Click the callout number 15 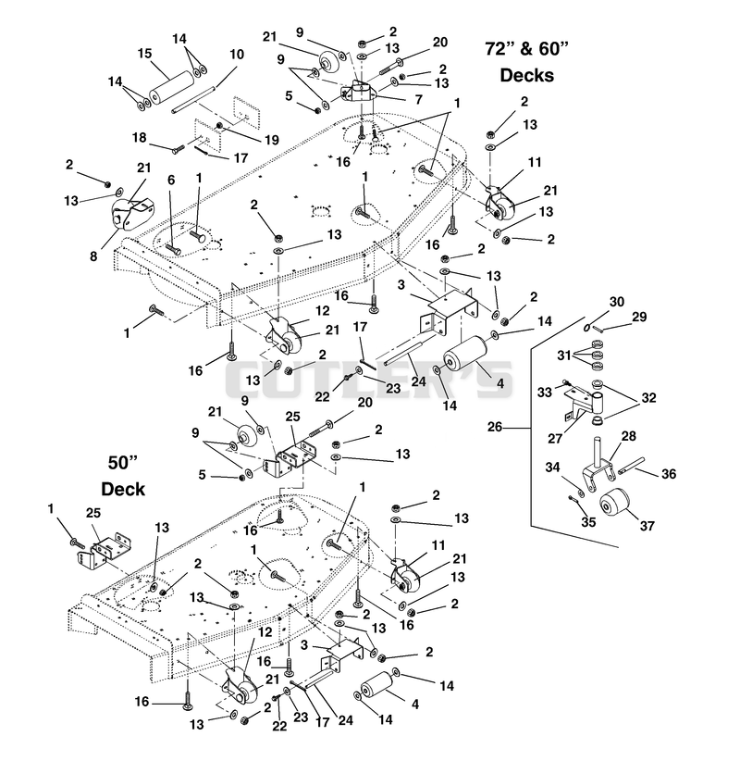pyautogui.click(x=144, y=54)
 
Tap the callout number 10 pyautogui.click(x=237, y=55)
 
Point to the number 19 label pyautogui.click(x=272, y=141)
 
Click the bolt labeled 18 pyautogui.click(x=179, y=148)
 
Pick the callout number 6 pyautogui.click(x=171, y=181)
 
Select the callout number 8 pyautogui.click(x=93, y=256)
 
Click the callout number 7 pyautogui.click(x=418, y=99)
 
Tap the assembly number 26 pyautogui.click(x=495, y=428)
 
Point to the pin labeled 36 pyautogui.click(x=632, y=466)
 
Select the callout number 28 pyautogui.click(x=628, y=436)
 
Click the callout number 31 pyautogui.click(x=564, y=356)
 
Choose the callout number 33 pyautogui.click(x=545, y=392)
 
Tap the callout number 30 pyautogui.click(x=617, y=302)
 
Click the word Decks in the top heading pyautogui.click(x=526, y=75)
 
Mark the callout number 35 pyautogui.click(x=588, y=522)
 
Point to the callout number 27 pyautogui.click(x=555, y=439)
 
